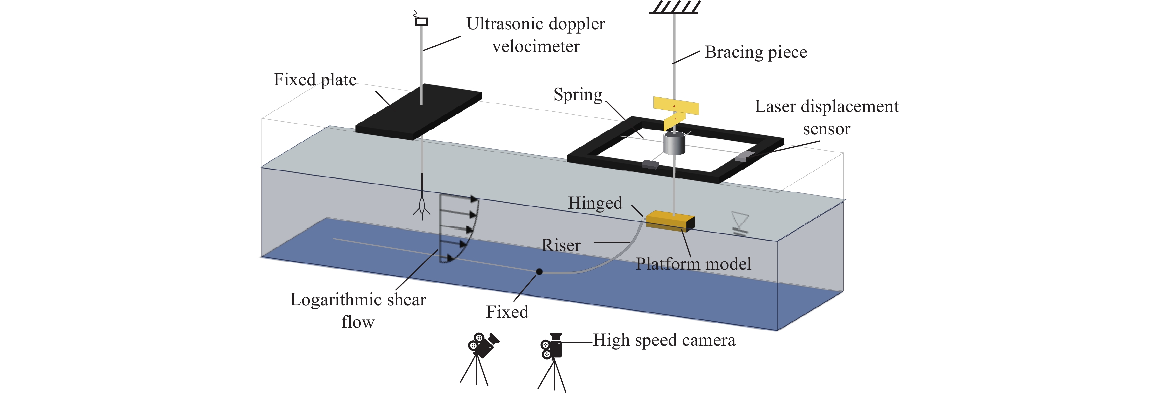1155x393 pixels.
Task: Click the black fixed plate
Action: pos(419,112)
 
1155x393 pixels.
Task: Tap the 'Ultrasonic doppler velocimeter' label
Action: pos(535,35)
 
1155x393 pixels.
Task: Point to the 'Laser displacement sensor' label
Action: pos(826,117)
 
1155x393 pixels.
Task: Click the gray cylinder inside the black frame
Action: pos(674,143)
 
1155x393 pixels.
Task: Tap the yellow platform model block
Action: pos(670,221)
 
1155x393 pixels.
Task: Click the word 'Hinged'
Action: pos(595,203)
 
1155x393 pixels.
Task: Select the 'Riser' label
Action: pos(561,245)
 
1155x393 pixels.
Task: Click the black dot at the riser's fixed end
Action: pos(539,272)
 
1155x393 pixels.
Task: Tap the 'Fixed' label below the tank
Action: pos(507,312)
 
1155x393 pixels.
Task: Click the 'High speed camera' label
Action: pos(664,340)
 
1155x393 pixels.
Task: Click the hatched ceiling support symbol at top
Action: pos(674,8)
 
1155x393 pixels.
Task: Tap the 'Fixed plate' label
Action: pos(315,80)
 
